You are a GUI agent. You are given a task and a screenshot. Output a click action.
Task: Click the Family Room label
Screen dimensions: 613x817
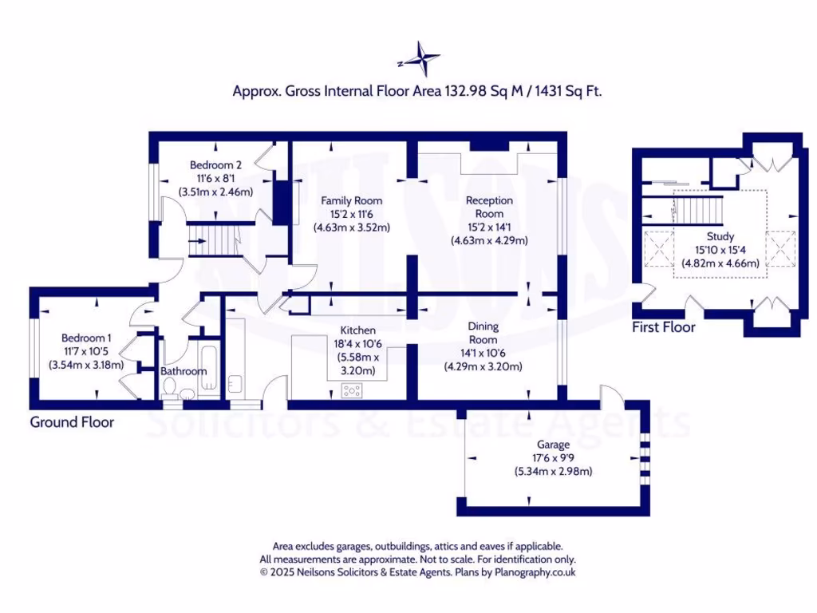point(351,200)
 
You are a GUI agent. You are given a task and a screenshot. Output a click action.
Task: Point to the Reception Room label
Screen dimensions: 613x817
point(489,207)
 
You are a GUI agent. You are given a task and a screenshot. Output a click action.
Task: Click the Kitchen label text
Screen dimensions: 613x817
point(357,330)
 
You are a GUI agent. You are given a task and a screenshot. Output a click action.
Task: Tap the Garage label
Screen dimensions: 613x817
point(553,445)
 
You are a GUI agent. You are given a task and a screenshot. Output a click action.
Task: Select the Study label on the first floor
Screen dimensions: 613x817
point(720,237)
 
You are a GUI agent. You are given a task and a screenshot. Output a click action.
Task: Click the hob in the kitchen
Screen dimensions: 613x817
point(352,390)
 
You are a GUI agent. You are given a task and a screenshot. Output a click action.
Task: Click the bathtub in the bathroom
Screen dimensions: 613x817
point(208,370)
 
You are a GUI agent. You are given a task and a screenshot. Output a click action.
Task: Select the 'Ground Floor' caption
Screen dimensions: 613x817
point(72,421)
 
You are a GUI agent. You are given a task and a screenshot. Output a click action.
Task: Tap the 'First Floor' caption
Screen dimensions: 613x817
point(663,327)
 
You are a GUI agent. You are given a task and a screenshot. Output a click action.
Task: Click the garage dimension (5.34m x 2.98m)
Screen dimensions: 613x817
point(553,472)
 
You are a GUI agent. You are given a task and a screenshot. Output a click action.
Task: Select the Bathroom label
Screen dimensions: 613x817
point(184,371)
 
